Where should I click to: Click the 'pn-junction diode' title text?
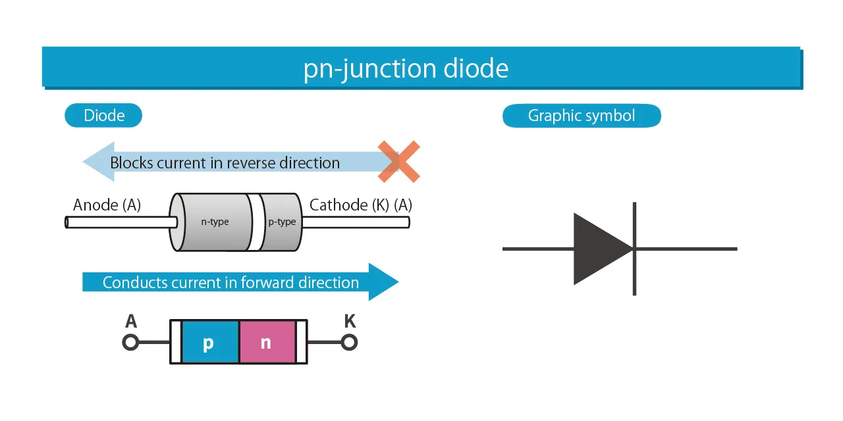pyautogui.click(x=406, y=68)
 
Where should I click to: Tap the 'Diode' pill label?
pyautogui.click(x=104, y=116)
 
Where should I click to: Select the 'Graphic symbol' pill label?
pyautogui.click(x=582, y=116)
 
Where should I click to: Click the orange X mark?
pyautogui.click(x=399, y=162)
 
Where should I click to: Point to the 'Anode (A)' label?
pyautogui.click(x=107, y=205)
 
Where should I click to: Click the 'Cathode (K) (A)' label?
pyautogui.click(x=360, y=205)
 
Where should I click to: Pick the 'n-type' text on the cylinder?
pyautogui.click(x=215, y=222)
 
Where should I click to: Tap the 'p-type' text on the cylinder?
pyautogui.click(x=282, y=222)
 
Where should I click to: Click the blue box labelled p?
pyautogui.click(x=210, y=342)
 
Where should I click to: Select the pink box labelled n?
pyautogui.click(x=267, y=342)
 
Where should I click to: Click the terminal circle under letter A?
pyautogui.click(x=130, y=342)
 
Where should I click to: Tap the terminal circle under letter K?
pyautogui.click(x=349, y=342)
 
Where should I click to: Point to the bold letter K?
pyautogui.click(x=350, y=321)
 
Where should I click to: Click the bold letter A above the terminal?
pyautogui.click(x=130, y=321)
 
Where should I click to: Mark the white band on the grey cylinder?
pyautogui.click(x=255, y=222)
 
